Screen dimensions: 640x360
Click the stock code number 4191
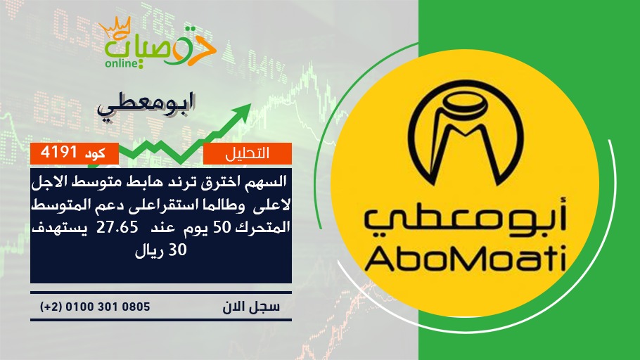pyautogui.click(x=59, y=153)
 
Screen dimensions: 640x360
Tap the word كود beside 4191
pyautogui.click(x=95, y=153)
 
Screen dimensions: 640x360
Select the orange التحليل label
pyautogui.click(x=248, y=153)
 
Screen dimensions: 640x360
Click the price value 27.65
pyautogui.click(x=117, y=227)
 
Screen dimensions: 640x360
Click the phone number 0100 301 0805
pyautogui.click(x=108, y=307)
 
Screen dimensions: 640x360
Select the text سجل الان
pyautogui.click(x=251, y=307)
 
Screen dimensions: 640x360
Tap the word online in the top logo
pyautogui.click(x=122, y=63)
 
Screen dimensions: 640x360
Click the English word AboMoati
pyautogui.click(x=465, y=257)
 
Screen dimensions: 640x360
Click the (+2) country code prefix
pyautogui.click(x=51, y=307)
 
